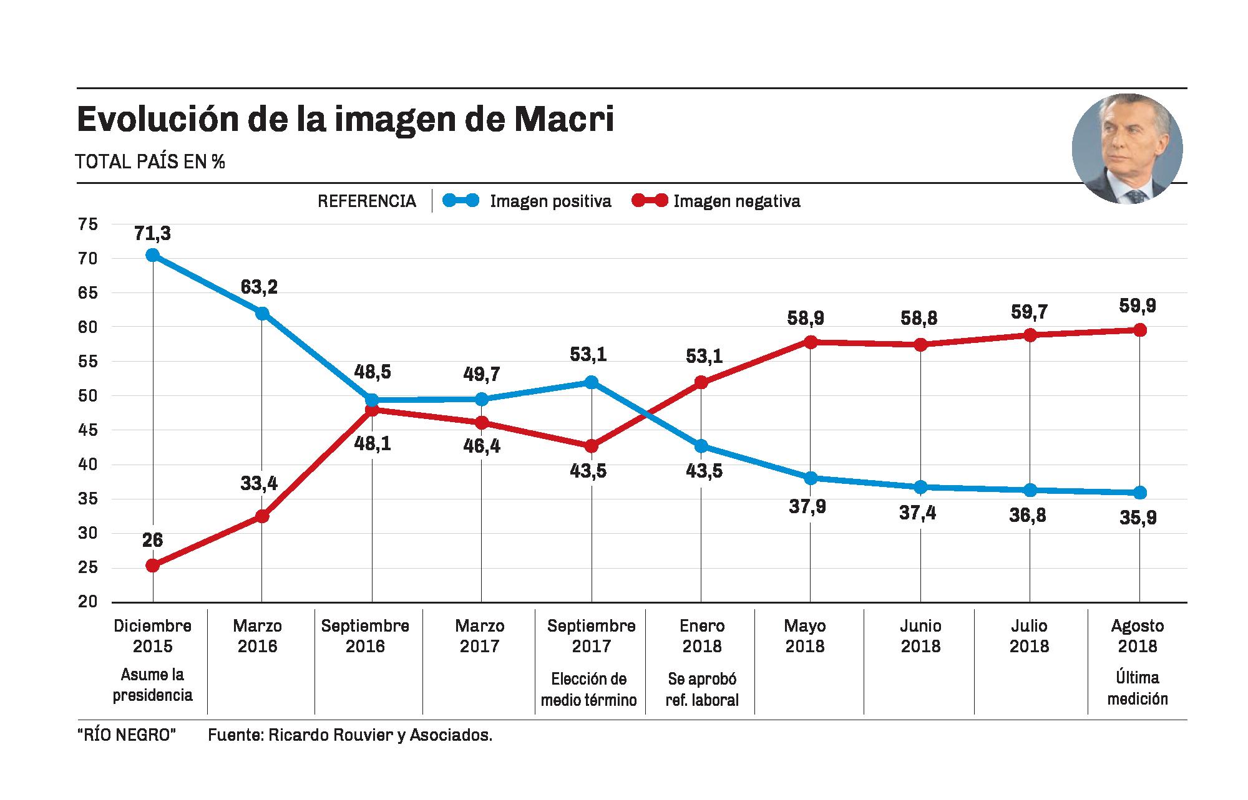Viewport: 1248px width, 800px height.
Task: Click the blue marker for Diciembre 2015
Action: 152,255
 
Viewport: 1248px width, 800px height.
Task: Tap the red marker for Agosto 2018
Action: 1139,330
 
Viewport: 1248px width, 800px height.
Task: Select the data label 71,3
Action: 152,234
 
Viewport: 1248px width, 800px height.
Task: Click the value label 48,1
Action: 372,445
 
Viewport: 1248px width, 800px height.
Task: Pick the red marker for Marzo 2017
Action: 482,423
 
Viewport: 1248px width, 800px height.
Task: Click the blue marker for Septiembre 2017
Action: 592,382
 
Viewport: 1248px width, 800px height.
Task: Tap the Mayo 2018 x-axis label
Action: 805,635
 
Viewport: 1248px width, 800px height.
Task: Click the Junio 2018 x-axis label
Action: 920,635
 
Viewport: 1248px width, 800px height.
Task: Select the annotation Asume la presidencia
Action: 152,685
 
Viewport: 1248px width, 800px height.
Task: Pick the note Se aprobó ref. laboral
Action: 702,689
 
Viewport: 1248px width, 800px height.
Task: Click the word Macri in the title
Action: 564,120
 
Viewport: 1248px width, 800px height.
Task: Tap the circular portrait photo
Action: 1127,149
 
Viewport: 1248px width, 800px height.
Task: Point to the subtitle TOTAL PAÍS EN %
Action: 150,162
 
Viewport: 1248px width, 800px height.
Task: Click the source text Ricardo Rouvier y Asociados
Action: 380,735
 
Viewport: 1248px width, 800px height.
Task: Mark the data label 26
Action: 152,540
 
